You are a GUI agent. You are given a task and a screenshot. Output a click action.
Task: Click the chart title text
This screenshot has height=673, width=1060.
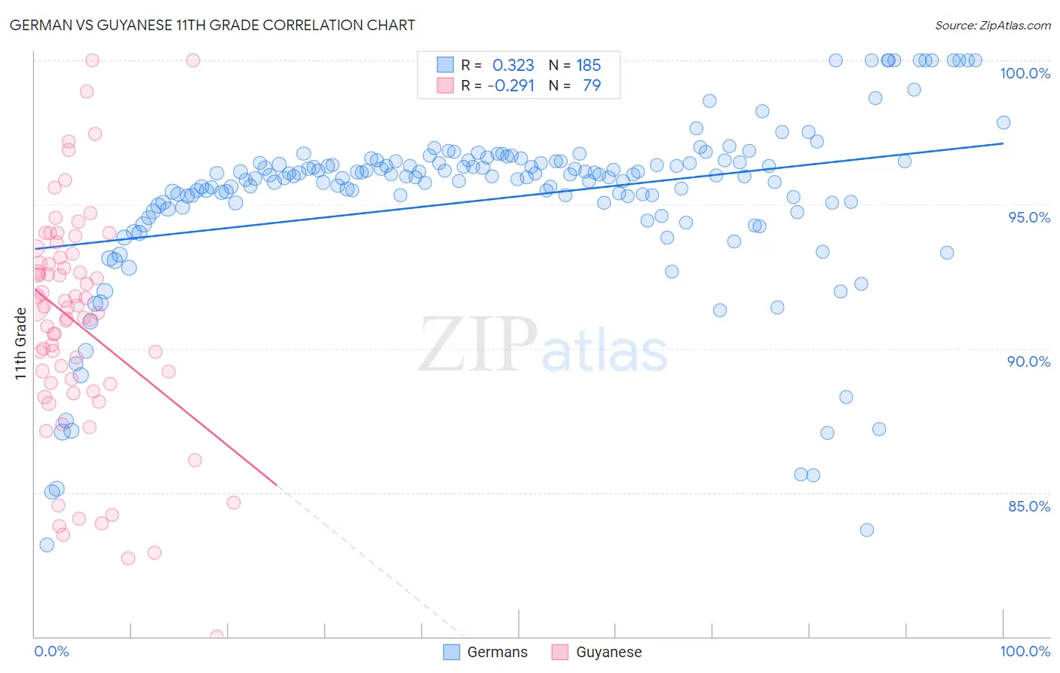pos(212,25)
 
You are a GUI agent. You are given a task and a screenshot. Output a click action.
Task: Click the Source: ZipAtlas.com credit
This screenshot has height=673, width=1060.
pos(992,25)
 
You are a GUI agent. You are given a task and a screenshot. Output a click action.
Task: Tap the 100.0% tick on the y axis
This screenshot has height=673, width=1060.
pos(1025,73)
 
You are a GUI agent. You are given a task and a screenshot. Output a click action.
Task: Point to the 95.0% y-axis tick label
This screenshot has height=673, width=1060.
pos(1029,217)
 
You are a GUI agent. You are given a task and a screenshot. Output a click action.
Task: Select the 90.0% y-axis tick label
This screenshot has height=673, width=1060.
pos(1028,361)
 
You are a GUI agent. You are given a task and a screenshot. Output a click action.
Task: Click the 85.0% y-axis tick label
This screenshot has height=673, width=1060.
pos(1029,506)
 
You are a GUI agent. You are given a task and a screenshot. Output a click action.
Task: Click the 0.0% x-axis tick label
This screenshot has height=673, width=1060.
pos(51,651)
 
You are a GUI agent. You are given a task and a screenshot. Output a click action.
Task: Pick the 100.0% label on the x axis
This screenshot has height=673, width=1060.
pos(1025,651)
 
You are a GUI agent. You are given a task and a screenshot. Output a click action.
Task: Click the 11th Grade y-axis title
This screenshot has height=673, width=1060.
pos(20,343)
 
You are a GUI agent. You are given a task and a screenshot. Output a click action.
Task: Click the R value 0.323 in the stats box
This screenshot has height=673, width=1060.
pos(513,65)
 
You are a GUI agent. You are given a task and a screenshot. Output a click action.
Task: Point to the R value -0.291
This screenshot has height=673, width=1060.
pos(510,85)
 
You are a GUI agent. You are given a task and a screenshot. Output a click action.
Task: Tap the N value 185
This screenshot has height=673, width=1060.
pos(589,65)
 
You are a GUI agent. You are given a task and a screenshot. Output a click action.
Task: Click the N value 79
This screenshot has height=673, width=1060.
pos(592,85)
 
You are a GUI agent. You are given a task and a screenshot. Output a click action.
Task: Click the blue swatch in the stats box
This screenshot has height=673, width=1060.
pos(446,65)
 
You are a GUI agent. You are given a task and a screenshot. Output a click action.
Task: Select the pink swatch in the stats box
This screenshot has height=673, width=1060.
pos(446,85)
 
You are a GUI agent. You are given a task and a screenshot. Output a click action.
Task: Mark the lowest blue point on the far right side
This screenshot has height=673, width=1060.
pos(867,530)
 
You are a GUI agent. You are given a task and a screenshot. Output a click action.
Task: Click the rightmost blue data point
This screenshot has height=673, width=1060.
pos(1003,122)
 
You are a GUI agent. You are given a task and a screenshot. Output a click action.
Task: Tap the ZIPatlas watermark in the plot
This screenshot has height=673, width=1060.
pos(543,345)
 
